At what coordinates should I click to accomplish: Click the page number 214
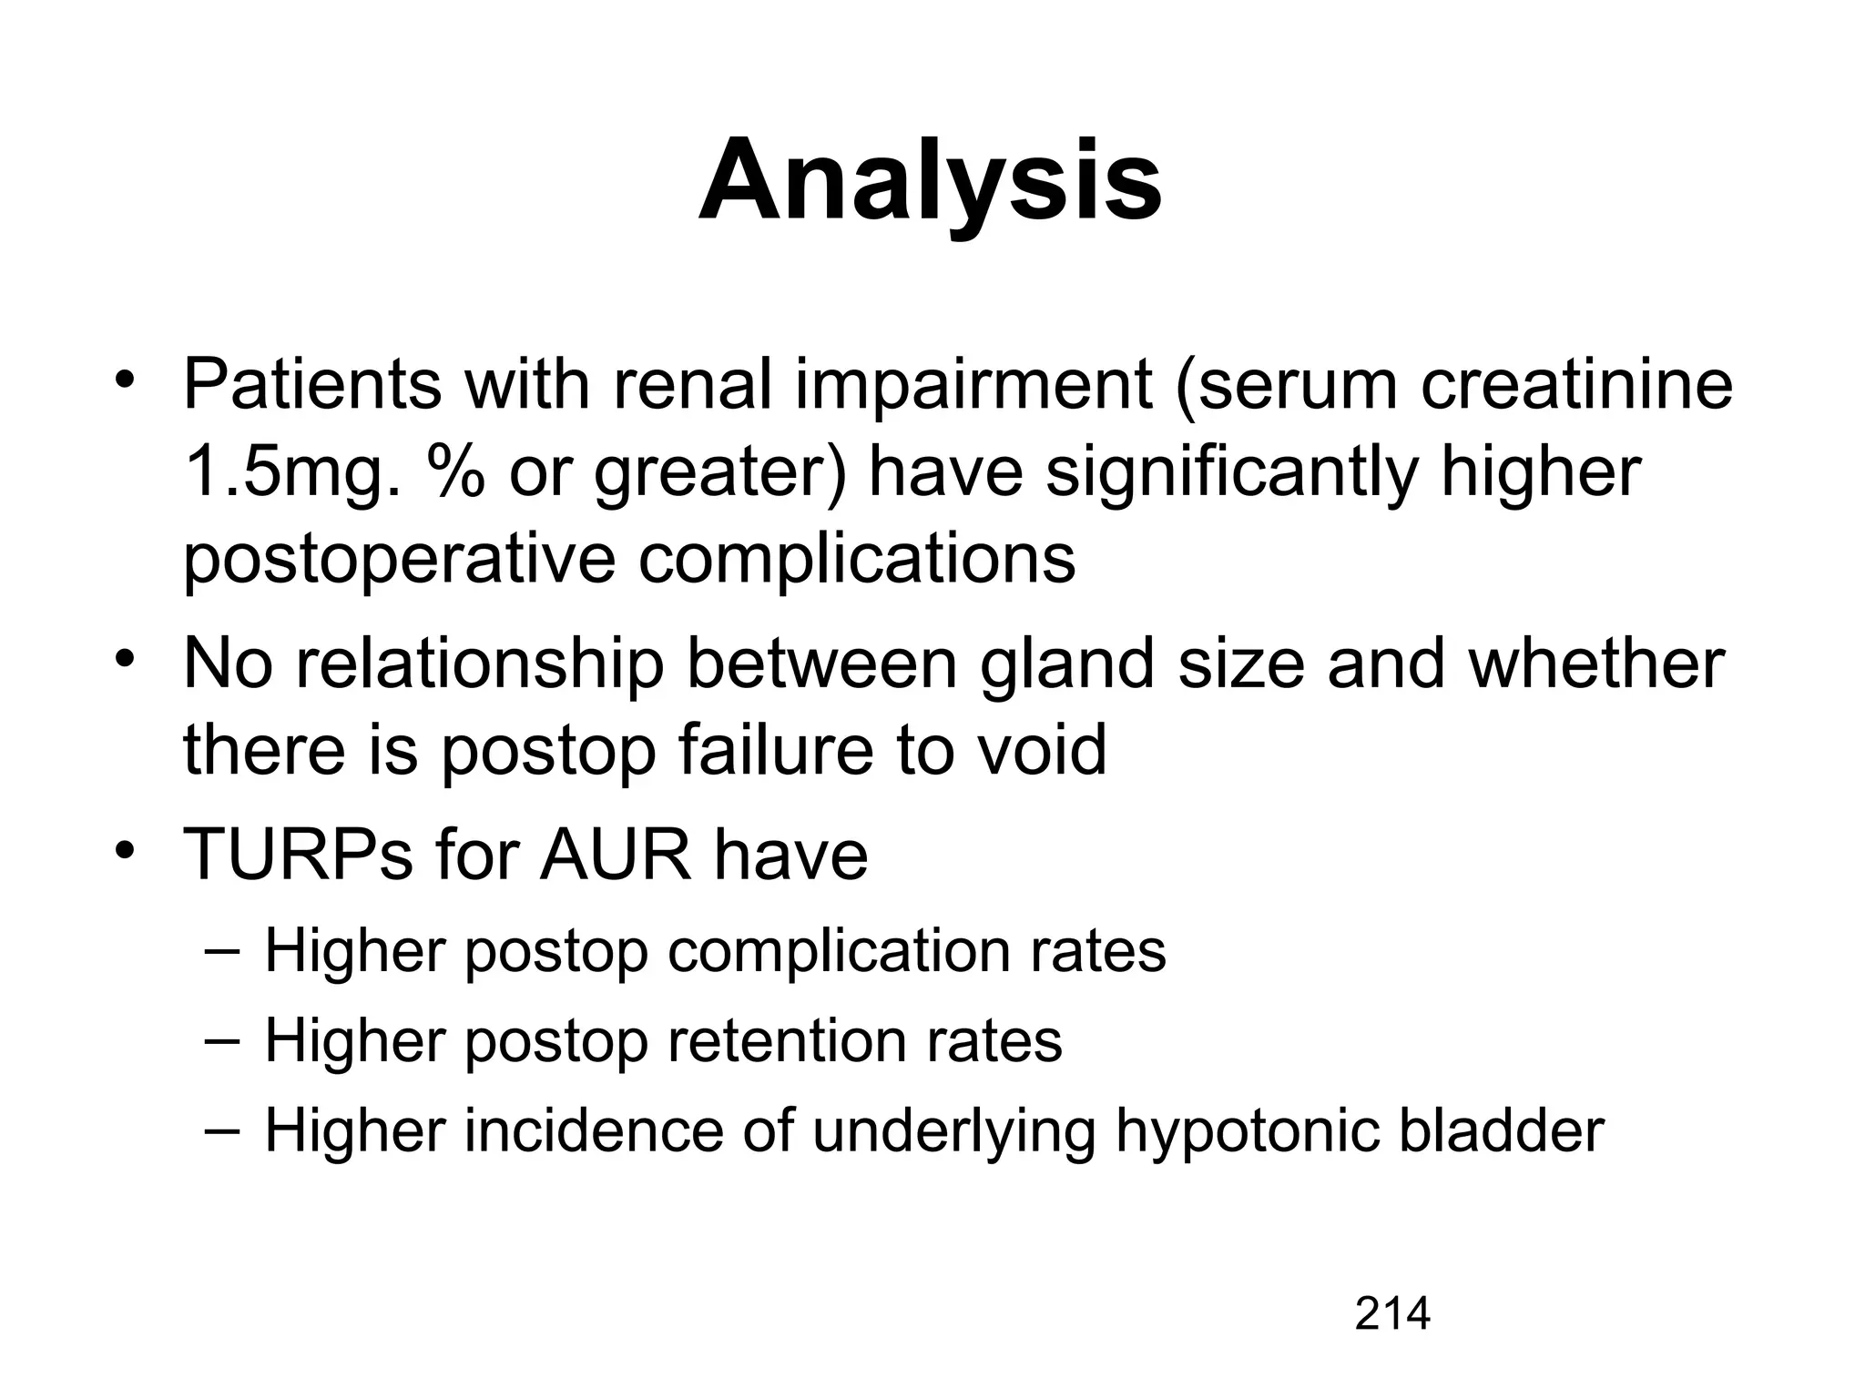click(x=1392, y=1314)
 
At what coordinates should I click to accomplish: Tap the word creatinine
click(x=1575, y=385)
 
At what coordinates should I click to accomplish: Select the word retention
click(x=788, y=1040)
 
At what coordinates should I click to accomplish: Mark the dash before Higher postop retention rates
click(x=222, y=1040)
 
